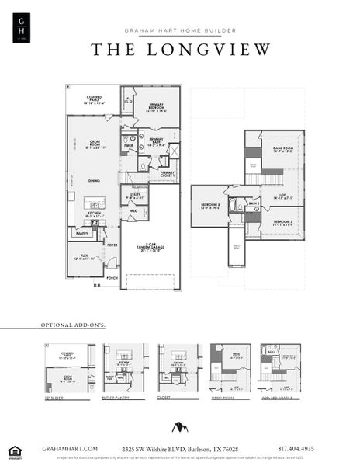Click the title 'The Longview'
[181, 50]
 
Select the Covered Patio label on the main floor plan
[95, 99]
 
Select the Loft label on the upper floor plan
[283, 198]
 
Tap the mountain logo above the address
[181, 426]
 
